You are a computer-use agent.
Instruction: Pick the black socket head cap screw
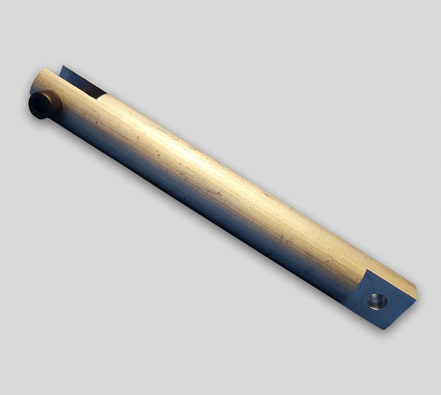click(43, 105)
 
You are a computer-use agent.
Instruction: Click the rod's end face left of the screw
click(34, 85)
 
